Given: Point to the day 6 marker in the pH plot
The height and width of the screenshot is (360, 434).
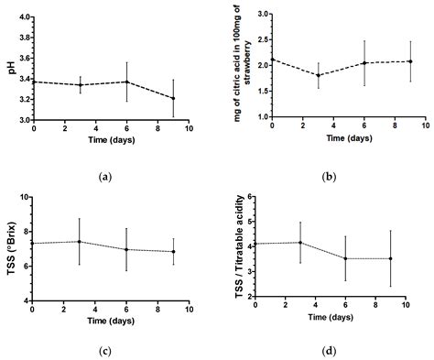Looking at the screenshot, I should pyautogui.click(x=126, y=82).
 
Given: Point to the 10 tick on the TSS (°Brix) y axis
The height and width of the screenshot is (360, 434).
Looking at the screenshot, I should pyautogui.click(x=23, y=198).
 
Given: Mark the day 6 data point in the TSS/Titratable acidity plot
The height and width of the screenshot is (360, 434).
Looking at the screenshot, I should pyautogui.click(x=345, y=258).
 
